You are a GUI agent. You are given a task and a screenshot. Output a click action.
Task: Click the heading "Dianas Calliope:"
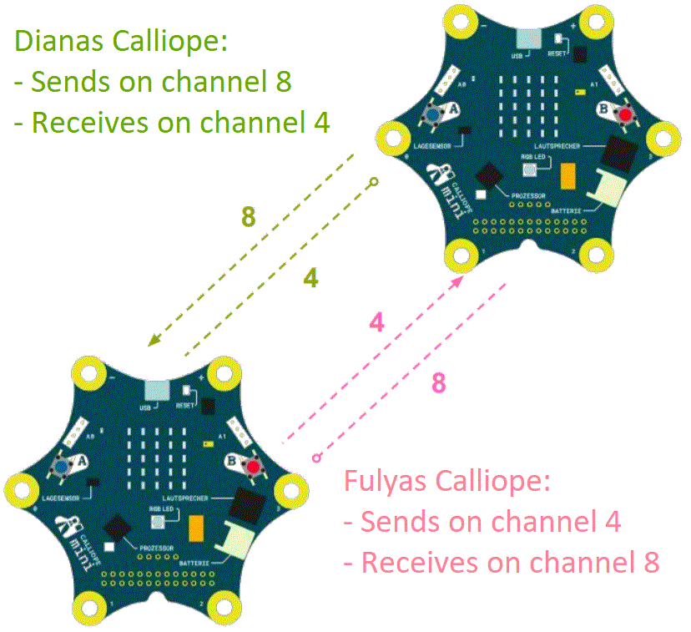point(122,42)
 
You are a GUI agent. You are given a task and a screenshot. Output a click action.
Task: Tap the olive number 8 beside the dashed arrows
point(248,217)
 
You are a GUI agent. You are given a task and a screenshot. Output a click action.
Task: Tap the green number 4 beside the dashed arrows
point(310,279)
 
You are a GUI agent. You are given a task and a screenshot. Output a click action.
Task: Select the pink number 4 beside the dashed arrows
point(376,323)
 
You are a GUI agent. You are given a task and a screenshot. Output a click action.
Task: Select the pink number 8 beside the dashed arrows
point(438,383)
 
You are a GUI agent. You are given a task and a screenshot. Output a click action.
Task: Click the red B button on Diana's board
point(623,114)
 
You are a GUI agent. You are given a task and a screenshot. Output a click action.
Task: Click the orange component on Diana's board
point(569,175)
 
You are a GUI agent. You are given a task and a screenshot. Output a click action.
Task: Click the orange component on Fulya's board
point(199,528)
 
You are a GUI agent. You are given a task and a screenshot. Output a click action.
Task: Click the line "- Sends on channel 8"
point(154,82)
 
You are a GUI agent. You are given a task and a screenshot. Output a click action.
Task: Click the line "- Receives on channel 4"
point(172,123)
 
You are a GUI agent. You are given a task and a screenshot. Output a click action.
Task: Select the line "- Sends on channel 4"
point(482,523)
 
